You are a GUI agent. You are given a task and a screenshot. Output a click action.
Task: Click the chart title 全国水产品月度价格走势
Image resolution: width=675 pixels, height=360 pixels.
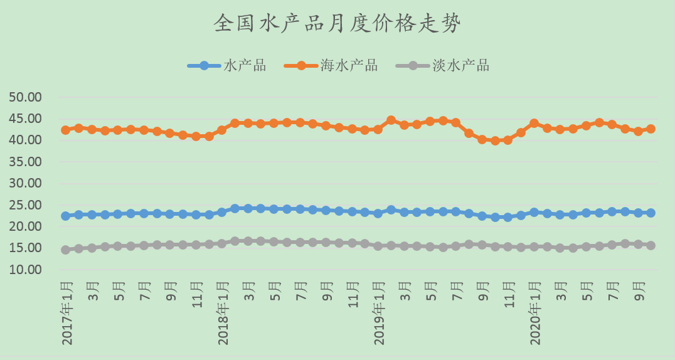(337, 24)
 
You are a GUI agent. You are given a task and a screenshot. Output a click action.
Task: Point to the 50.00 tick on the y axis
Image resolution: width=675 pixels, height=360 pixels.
(25, 97)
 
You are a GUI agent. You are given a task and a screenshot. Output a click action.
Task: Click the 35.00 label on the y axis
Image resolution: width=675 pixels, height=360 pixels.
(25, 162)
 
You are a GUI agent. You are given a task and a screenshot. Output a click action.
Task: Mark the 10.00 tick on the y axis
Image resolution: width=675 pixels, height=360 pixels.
(25, 270)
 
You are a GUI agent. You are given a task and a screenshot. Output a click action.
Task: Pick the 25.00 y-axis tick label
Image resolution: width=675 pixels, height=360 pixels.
(25, 205)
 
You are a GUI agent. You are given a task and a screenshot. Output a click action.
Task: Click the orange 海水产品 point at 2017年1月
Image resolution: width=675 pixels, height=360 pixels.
(65, 130)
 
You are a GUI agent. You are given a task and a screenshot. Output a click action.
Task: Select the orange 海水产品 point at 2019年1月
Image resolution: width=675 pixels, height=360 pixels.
(378, 129)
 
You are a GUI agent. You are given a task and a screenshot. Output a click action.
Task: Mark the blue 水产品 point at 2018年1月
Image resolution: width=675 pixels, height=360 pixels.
(221, 212)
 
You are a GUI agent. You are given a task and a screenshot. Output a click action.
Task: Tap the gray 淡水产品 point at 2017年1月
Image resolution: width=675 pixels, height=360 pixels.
(65, 250)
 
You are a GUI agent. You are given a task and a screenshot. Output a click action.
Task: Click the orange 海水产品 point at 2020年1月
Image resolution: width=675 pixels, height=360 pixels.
(534, 124)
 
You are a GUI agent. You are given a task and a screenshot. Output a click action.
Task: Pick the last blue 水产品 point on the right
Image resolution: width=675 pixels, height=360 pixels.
(651, 213)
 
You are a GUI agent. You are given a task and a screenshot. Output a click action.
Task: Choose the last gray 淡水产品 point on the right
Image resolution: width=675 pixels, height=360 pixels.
(651, 245)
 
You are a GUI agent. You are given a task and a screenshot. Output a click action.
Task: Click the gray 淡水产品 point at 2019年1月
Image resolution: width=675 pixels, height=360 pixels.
(378, 246)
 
